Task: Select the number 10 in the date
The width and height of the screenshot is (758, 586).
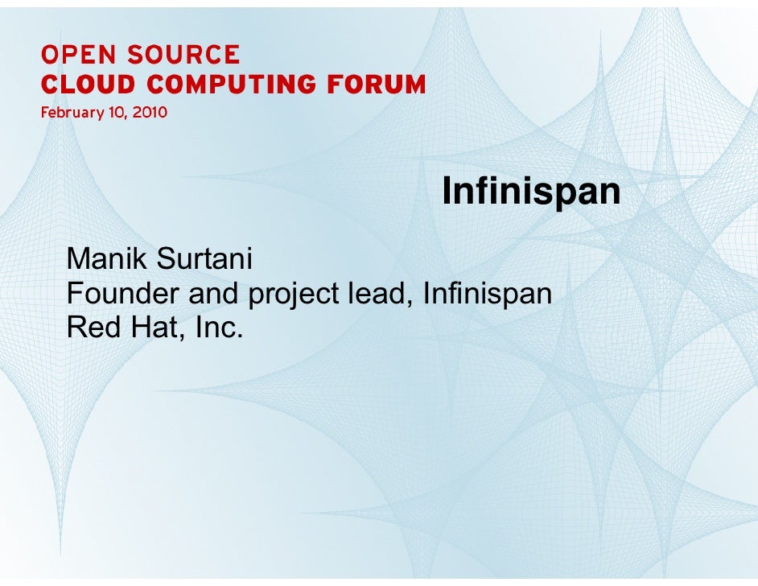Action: coord(115,113)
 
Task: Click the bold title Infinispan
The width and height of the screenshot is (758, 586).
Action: coord(532,192)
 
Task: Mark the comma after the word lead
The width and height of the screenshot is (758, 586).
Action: coord(414,303)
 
